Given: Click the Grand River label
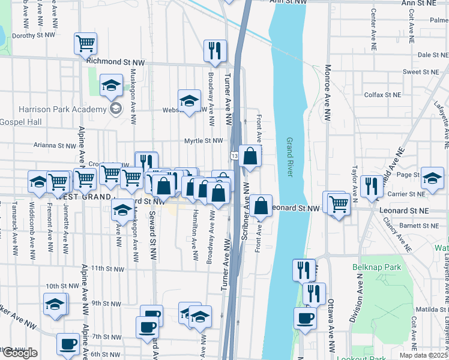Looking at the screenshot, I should point(289,157).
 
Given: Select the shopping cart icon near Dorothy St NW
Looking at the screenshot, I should point(86,43).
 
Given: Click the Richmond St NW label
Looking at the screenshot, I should point(116,62).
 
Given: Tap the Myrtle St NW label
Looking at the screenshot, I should point(204,141).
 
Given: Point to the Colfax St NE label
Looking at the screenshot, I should point(383,95).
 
